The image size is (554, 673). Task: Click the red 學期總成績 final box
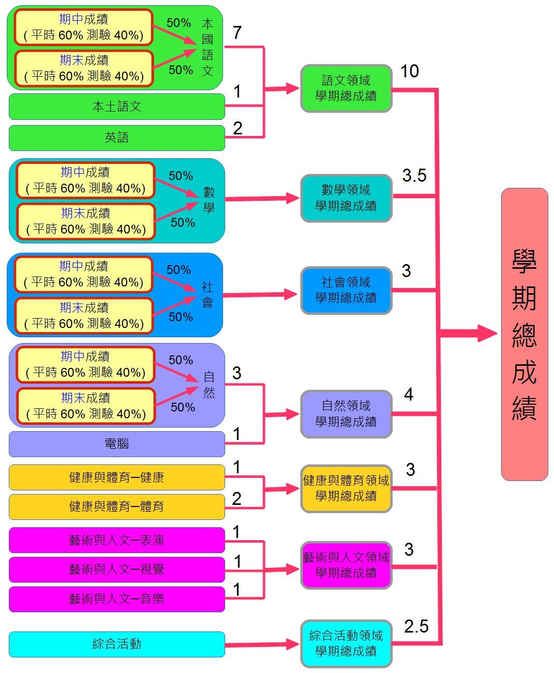pyautogui.click(x=524, y=334)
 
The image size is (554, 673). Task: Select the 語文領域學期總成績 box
pyautogui.click(x=346, y=88)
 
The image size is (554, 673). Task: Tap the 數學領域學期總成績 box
pyautogui.click(x=346, y=198)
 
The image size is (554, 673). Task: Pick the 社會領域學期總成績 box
pyautogui.click(x=346, y=290)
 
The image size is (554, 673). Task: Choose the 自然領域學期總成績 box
pyautogui.click(x=346, y=414)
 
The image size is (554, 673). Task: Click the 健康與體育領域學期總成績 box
pyautogui.click(x=346, y=488)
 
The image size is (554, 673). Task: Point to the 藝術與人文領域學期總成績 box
pyautogui.click(x=346, y=565)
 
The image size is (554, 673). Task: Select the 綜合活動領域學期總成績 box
pyautogui.click(x=346, y=643)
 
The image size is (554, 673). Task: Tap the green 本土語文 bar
pyautogui.click(x=117, y=106)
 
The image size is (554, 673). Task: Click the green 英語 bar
pyautogui.click(x=117, y=138)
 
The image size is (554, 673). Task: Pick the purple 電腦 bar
pyautogui.click(x=117, y=444)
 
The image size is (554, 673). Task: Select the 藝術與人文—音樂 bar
pyautogui.click(x=117, y=599)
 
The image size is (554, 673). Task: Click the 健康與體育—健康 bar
pyautogui.click(x=117, y=477)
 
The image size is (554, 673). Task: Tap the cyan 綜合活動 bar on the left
pyautogui.click(x=117, y=644)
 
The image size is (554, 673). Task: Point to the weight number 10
pyautogui.click(x=410, y=71)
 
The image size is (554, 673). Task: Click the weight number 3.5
pyautogui.click(x=414, y=175)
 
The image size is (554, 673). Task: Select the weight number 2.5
pyautogui.click(x=416, y=626)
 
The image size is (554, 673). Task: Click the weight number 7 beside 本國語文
pyautogui.click(x=237, y=33)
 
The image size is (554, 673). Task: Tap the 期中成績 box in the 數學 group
pyautogui.click(x=86, y=180)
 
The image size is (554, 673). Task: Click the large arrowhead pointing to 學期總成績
pyautogui.click(x=487, y=333)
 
